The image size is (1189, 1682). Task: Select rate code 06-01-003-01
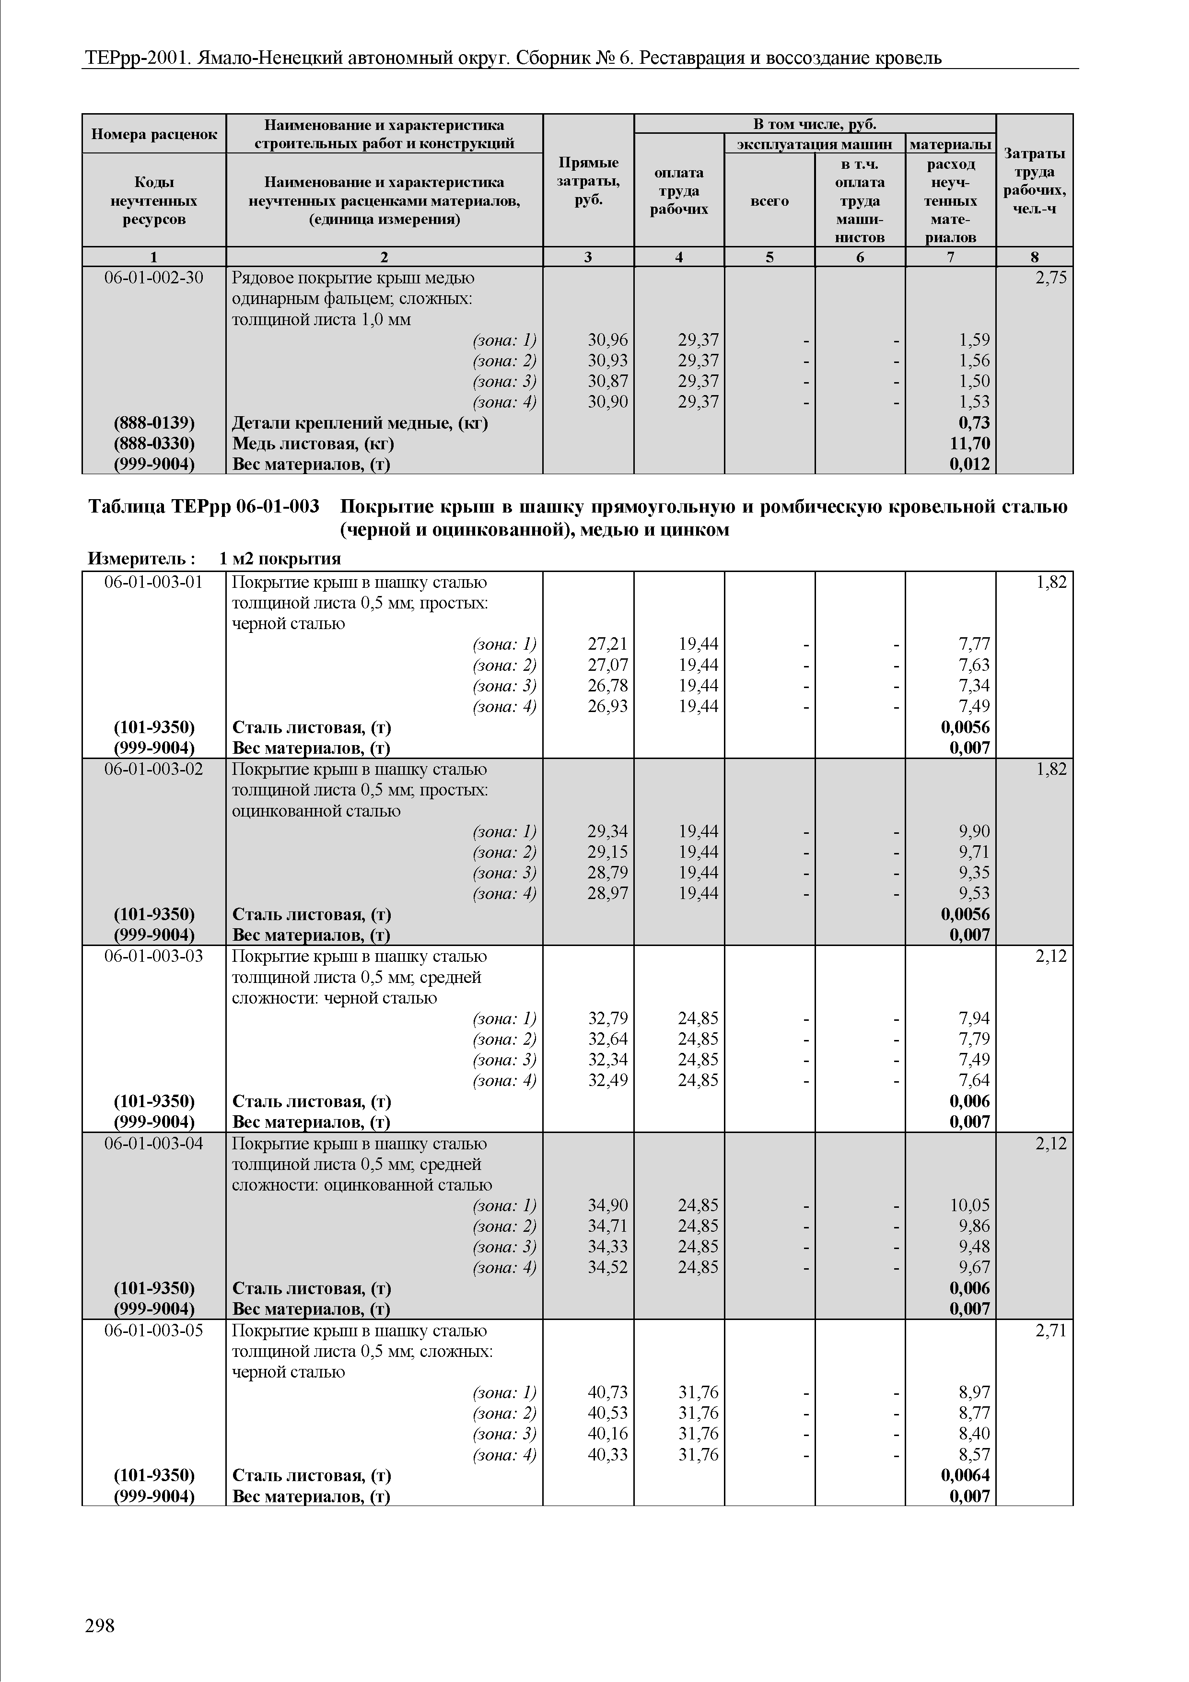154,583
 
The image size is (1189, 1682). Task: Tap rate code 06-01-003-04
154,1144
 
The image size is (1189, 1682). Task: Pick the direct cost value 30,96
607,340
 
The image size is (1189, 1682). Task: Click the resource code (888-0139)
154,423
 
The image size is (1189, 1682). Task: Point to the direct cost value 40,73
607,1392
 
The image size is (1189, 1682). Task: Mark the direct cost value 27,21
607,644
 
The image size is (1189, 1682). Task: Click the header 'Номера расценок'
154,134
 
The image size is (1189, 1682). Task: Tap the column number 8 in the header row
1035,257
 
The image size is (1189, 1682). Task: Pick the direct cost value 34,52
607,1267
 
